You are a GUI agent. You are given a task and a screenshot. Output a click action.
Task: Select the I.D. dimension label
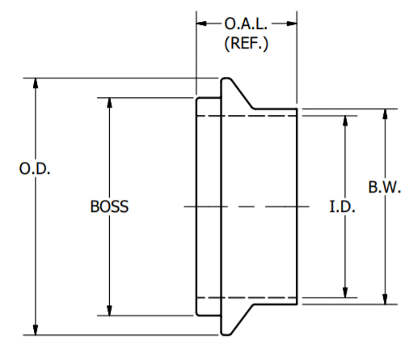pyautogui.click(x=344, y=206)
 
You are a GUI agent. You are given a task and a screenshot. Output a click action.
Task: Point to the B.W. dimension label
pyautogui.click(x=386, y=188)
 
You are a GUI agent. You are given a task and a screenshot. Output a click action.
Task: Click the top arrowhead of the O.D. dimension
pyautogui.click(x=35, y=83)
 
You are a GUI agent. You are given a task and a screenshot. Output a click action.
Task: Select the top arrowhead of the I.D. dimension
pyautogui.click(x=345, y=120)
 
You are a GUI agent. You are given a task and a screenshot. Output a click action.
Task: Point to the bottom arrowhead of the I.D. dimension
pyautogui.click(x=345, y=293)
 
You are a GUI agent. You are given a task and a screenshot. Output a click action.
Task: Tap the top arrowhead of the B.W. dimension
pyautogui.click(x=386, y=113)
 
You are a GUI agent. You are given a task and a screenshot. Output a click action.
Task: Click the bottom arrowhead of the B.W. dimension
pyautogui.click(x=386, y=299)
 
